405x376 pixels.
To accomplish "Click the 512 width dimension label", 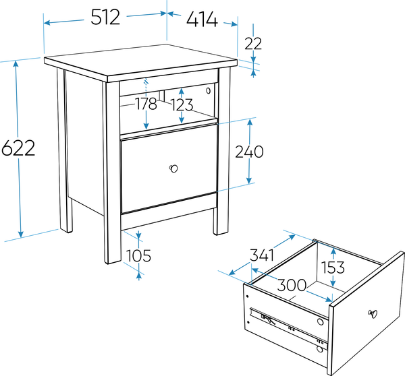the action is pos(105,18).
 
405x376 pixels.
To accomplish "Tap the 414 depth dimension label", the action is pos(202,20).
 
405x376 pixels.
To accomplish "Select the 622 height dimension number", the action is pos(18,148).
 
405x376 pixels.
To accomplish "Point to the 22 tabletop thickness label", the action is pos(253,44).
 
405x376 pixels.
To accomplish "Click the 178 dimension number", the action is pos(146,104).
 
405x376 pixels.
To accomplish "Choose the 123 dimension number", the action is pos(182,105).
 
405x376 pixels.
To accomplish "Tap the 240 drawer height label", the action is pos(249,152).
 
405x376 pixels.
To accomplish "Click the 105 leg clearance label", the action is pos(138,256).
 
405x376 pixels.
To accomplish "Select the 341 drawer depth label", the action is pos(262,255).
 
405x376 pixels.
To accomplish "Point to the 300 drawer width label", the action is pos(292,285).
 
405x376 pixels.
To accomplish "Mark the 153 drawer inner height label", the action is pos(333,267).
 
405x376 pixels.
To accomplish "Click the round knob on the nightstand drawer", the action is pos(173,168).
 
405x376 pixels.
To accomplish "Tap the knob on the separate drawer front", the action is pos(373,313).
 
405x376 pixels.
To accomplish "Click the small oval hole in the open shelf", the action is pos(208,90).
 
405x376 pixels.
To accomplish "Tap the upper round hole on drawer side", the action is pos(320,322).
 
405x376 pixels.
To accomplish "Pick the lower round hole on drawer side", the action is pos(320,349).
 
